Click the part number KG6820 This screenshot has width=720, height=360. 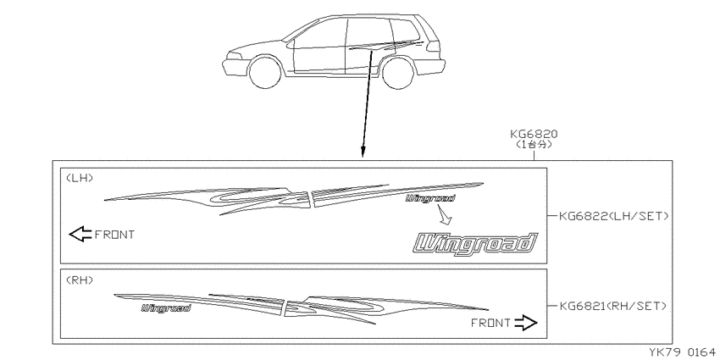(534, 134)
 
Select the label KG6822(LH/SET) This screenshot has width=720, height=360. (614, 216)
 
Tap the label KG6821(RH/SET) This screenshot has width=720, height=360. (613, 306)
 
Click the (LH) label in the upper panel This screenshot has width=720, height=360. (80, 178)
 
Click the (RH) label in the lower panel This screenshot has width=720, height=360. (80, 280)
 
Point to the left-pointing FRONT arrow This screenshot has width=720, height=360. (80, 234)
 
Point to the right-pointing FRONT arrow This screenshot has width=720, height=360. (526, 323)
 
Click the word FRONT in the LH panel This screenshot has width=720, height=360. (115, 235)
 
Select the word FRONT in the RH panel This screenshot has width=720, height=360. (490, 324)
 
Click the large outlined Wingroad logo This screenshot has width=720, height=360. (475, 243)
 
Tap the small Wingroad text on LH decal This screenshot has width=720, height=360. (430, 198)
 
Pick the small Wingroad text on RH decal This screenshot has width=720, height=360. (166, 308)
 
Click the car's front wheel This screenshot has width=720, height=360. (265, 72)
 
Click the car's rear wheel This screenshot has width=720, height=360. (397, 73)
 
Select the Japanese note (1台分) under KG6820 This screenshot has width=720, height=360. (534, 144)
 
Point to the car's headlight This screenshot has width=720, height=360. (234, 56)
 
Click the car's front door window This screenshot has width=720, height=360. (319, 34)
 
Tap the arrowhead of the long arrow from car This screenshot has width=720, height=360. (363, 152)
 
